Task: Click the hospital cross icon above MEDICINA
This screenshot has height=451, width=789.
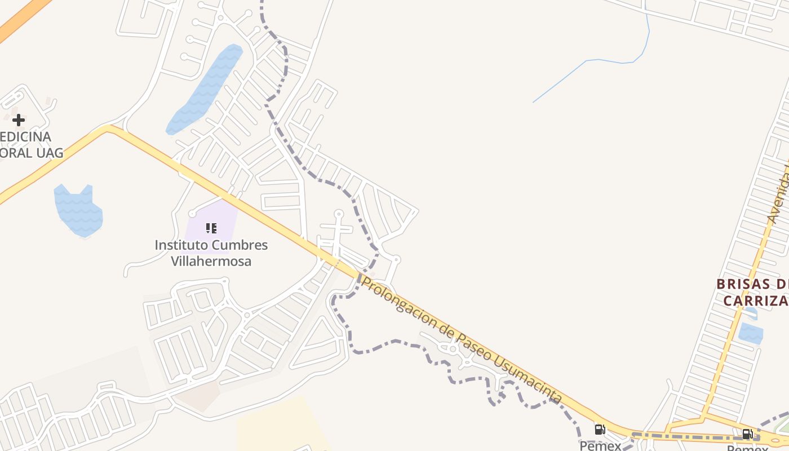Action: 19,120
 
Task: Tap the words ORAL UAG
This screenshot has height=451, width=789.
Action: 32,152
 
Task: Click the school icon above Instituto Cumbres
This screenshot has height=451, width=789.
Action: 211,228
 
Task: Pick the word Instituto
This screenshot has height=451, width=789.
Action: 181,245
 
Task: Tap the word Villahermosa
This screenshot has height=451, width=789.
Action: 211,261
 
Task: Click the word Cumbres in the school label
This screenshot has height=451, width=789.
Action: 240,245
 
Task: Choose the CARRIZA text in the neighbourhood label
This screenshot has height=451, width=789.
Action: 755,301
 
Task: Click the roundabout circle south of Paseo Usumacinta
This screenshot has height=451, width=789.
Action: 453,349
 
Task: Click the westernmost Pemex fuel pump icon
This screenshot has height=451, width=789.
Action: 600,430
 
